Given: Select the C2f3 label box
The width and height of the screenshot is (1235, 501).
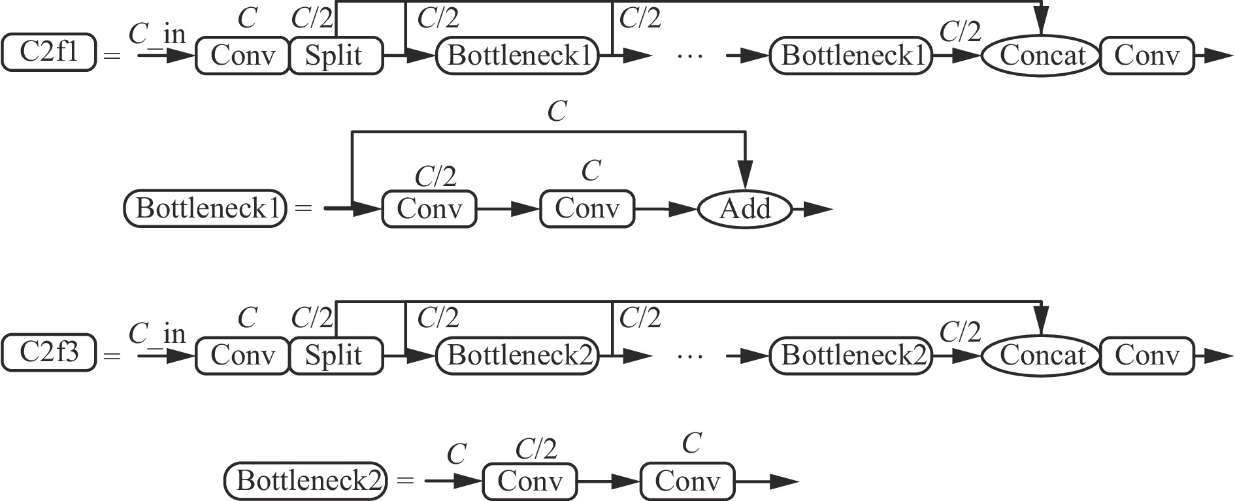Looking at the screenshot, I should click(49, 353).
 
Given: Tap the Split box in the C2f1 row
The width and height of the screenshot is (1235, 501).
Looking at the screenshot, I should click(335, 56).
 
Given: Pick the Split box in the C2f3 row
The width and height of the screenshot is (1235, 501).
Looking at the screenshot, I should click(335, 355).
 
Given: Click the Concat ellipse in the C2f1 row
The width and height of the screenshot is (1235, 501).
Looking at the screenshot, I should click(1042, 56).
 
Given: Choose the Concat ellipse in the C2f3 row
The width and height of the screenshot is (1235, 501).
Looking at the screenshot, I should click(1042, 355).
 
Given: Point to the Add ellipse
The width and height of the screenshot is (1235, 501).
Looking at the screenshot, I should click(745, 209).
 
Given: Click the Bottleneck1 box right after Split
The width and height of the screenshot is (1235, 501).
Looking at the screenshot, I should click(518, 56).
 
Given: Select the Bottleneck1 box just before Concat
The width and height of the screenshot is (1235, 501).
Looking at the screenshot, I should click(851, 56).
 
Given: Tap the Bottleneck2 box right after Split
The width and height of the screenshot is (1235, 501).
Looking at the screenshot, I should click(518, 355).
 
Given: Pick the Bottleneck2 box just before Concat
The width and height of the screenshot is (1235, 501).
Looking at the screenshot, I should click(851, 355).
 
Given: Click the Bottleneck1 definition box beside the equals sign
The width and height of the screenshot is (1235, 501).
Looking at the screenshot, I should click(205, 209).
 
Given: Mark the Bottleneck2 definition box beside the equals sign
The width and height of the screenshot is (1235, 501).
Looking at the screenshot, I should click(306, 481).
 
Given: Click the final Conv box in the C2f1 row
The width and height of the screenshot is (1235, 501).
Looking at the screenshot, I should click(1147, 56).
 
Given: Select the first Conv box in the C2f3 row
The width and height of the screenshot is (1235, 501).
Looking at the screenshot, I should click(242, 355).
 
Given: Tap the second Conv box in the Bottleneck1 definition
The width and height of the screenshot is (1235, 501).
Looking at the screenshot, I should click(587, 209).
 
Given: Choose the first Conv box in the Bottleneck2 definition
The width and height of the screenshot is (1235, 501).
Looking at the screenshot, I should click(530, 482).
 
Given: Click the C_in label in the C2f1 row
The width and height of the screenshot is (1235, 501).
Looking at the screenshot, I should click(157, 34).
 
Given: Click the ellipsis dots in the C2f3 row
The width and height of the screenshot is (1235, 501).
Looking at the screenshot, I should click(691, 357).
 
